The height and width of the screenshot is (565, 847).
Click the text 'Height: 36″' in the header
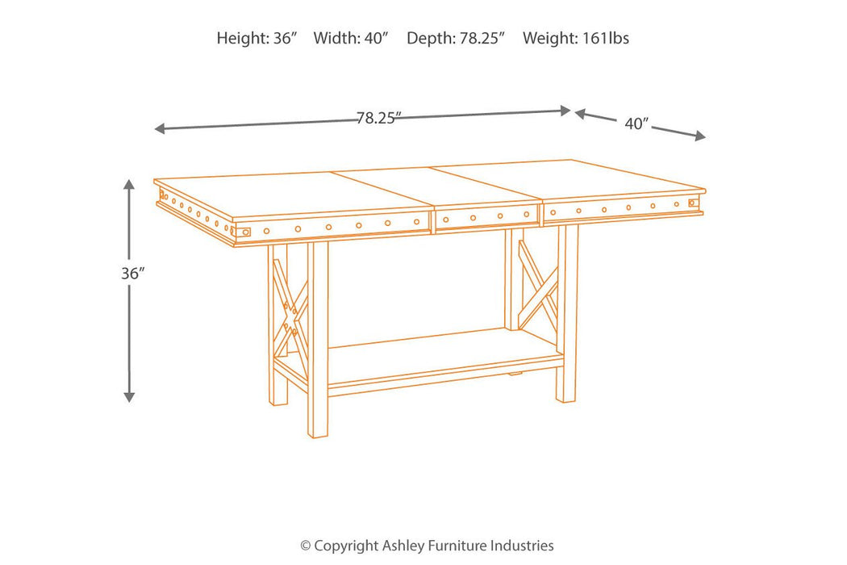257,39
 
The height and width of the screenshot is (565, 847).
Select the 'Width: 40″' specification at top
351,39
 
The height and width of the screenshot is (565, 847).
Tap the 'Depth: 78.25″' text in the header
456,39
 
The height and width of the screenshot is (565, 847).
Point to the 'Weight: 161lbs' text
576,39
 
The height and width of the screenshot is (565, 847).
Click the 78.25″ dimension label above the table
378,118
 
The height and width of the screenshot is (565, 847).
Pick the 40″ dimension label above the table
636,123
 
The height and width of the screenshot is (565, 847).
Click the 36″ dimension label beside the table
133,274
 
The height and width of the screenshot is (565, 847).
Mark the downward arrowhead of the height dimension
129,397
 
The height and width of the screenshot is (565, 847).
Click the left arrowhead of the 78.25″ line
160,128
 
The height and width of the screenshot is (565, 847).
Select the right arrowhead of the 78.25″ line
565,111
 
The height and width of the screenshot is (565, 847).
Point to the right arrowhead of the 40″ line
700,136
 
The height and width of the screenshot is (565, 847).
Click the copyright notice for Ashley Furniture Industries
427,546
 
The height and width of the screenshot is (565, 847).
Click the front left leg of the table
318,340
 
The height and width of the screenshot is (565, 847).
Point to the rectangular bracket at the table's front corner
244,232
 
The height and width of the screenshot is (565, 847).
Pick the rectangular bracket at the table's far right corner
694,203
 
